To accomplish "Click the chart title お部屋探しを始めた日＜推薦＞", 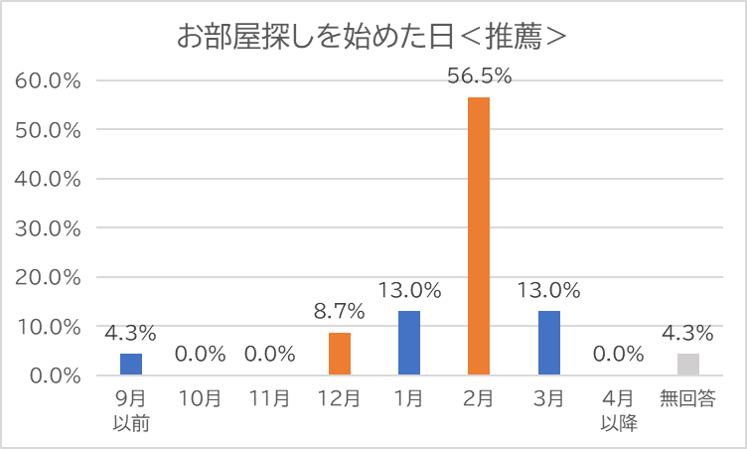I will (373, 37).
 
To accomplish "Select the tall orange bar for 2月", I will (479, 236).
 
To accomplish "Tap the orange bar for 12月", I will (339, 354).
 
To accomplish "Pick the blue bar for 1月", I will (409, 344).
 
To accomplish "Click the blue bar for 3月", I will (549, 344).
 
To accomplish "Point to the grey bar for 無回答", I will (688, 365).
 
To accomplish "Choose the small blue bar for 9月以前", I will (131, 365).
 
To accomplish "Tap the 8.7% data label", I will (339, 312).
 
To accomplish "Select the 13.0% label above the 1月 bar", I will (409, 291).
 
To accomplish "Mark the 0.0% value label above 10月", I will (201, 355).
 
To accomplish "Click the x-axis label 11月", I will (270, 399).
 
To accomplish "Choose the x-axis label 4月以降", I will (619, 410).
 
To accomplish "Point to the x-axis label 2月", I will (479, 399).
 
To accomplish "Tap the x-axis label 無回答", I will (688, 399).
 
